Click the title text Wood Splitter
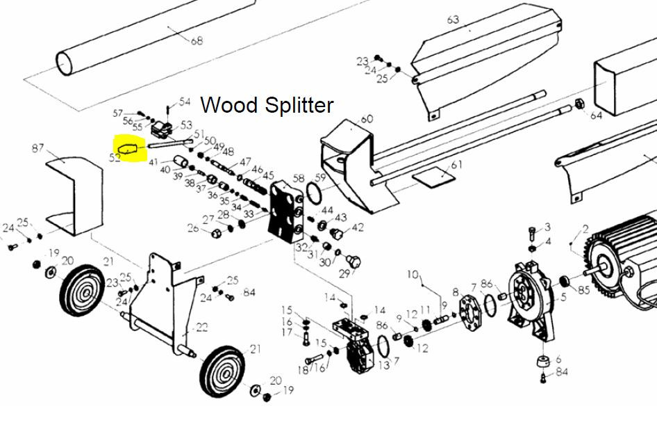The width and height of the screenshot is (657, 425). click(x=267, y=105)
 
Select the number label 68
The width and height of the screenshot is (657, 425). click(x=197, y=41)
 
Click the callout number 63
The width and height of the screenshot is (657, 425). click(x=453, y=19)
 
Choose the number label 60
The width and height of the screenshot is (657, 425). click(x=367, y=119)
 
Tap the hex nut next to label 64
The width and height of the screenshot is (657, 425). click(x=576, y=106)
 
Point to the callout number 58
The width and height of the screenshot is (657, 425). click(x=299, y=179)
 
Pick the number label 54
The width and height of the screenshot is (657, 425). click(x=184, y=102)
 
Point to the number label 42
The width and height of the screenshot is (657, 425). click(x=358, y=227)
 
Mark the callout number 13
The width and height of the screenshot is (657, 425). click(x=383, y=366)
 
